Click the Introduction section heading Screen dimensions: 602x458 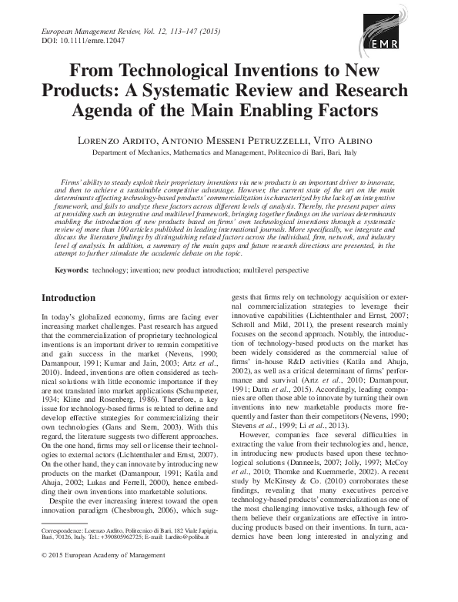coord(69,297)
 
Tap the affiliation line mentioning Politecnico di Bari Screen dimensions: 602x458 coord(229,153)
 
